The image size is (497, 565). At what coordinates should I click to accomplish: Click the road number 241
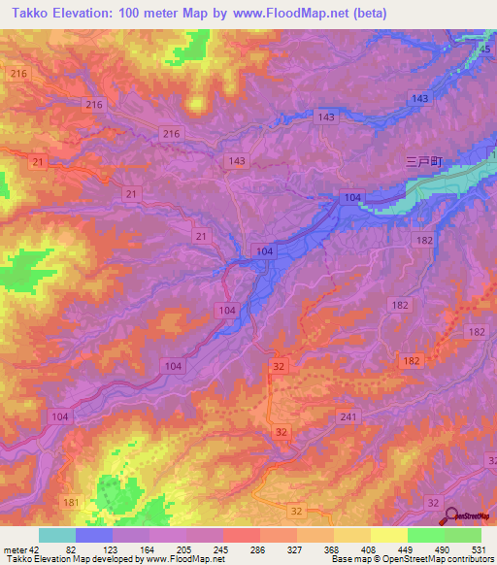[x=348, y=417]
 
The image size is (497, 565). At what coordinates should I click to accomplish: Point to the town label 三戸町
[x=422, y=164]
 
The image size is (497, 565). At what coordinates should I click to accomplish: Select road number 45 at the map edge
[x=487, y=49]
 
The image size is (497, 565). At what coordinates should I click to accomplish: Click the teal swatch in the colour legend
[x=57, y=535]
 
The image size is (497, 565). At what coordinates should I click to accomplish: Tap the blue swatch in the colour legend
[x=94, y=535]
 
